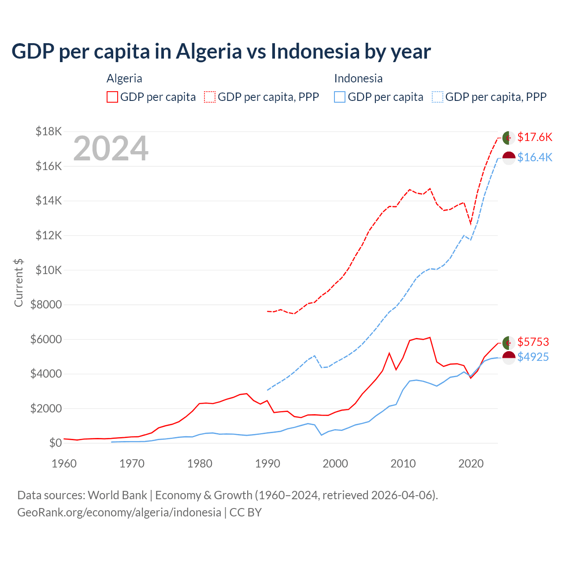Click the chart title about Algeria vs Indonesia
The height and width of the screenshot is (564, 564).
(x=221, y=52)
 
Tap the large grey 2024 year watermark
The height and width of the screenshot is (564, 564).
(x=111, y=149)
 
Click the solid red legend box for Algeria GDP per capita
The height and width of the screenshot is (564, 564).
(x=112, y=97)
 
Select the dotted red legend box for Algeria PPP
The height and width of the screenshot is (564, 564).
(x=210, y=97)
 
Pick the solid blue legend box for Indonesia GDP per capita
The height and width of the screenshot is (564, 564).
(x=340, y=97)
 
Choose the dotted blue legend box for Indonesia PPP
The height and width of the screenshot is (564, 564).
(x=438, y=97)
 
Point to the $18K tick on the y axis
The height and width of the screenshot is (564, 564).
(x=48, y=131)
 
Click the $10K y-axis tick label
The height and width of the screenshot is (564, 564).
(x=48, y=270)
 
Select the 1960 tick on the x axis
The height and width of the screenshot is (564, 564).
(x=64, y=464)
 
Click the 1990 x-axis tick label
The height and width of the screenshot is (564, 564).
(x=267, y=464)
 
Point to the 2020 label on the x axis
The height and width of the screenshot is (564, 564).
(x=471, y=464)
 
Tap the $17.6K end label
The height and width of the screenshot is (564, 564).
(x=534, y=137)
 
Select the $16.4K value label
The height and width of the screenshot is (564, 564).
(x=534, y=157)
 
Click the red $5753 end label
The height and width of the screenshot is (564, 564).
(x=533, y=342)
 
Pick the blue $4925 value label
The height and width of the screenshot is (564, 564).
(x=533, y=357)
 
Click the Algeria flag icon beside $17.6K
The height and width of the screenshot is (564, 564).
(x=509, y=137)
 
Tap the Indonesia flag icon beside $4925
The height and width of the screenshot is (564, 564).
(x=509, y=357)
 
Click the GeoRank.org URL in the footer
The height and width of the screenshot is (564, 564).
(x=119, y=512)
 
